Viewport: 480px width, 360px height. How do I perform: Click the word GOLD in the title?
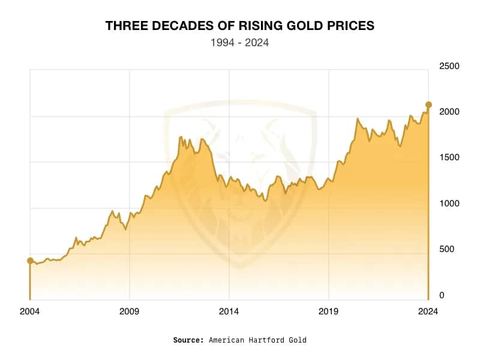click(308, 26)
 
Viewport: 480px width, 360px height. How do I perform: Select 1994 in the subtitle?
click(222, 43)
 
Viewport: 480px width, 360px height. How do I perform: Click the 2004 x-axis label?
click(30, 311)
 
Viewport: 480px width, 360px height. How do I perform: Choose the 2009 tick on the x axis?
click(130, 311)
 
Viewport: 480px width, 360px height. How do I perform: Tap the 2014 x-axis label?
click(229, 311)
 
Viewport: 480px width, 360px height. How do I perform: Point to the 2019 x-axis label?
click(328, 311)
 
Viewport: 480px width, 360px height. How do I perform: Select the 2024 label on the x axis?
click(428, 311)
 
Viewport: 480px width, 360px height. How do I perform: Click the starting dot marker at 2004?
click(30, 260)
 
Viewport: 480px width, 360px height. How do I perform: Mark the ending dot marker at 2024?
click(428, 104)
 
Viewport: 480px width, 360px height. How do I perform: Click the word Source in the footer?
click(188, 340)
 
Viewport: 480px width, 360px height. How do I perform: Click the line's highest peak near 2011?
click(181, 137)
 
